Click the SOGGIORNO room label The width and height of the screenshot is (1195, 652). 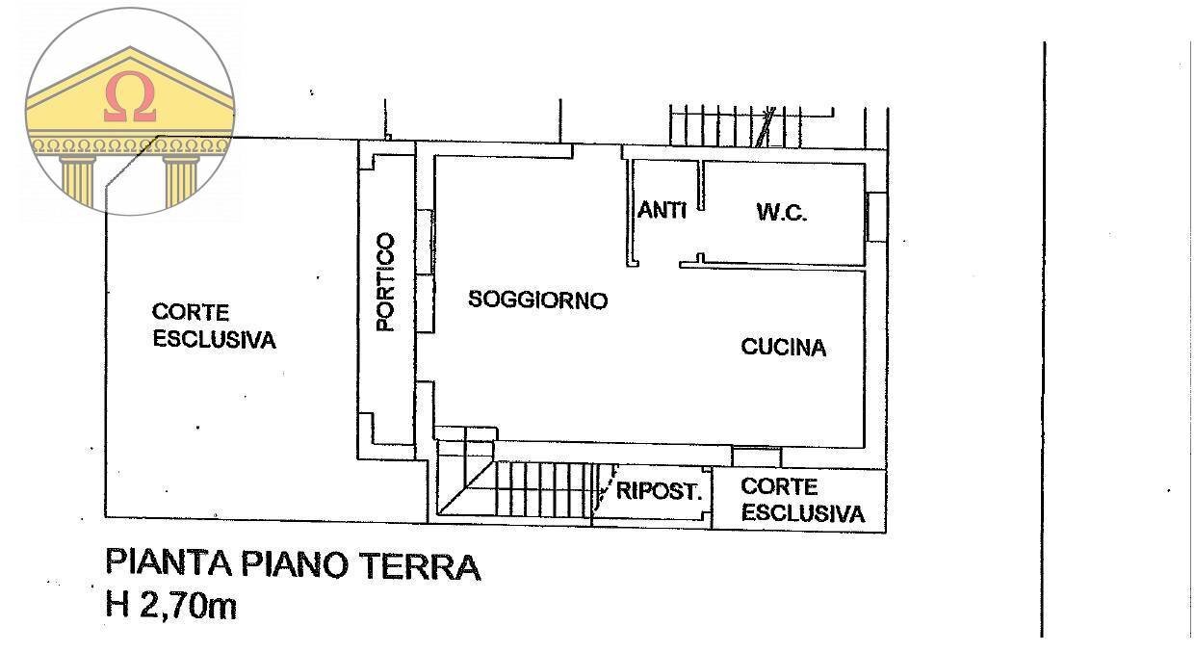click(537, 300)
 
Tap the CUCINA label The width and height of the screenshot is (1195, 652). click(783, 348)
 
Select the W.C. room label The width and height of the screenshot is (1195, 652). click(781, 213)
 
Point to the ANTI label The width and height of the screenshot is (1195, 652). click(662, 209)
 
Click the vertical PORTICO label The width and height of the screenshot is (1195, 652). click(385, 282)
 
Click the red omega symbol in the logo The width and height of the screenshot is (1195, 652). click(130, 99)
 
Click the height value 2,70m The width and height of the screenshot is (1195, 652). click(187, 607)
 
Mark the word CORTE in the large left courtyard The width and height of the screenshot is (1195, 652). click(191, 313)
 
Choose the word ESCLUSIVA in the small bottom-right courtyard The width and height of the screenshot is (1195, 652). click(802, 513)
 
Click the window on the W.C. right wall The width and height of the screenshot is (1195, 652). click(876, 217)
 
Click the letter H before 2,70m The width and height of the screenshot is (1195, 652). click(117, 607)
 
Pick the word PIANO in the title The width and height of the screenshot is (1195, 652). click(296, 565)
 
